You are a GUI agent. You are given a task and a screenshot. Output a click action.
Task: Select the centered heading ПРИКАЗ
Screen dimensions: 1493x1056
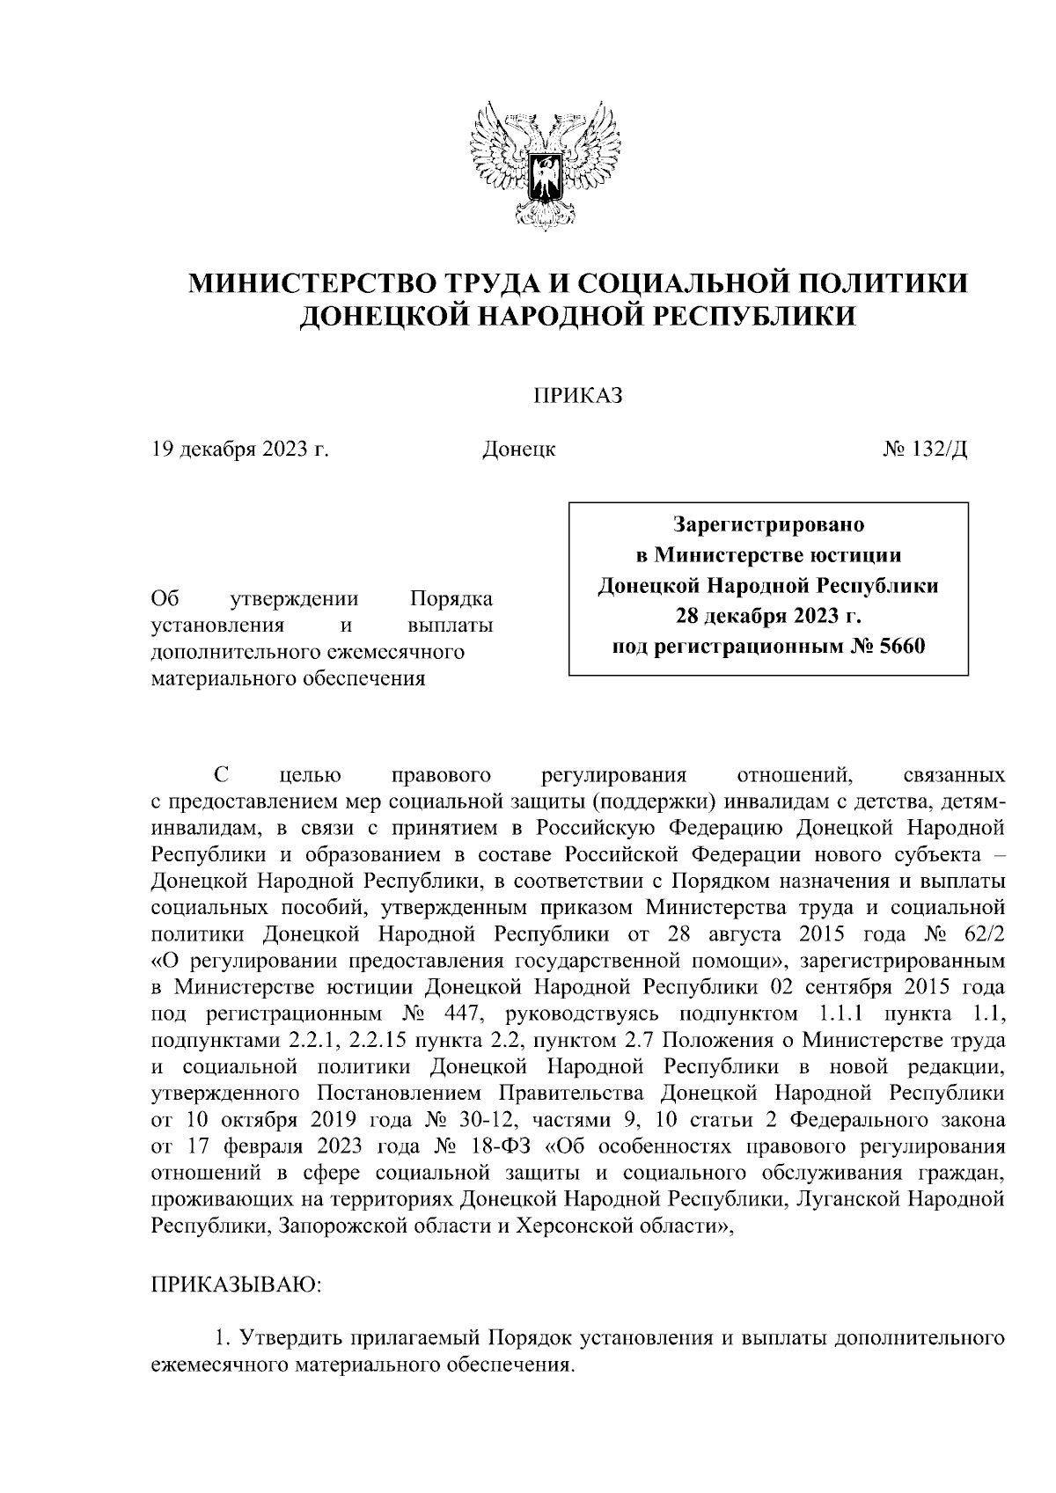[x=577, y=396]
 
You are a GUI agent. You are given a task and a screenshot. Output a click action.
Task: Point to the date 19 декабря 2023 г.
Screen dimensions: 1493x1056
[x=239, y=450]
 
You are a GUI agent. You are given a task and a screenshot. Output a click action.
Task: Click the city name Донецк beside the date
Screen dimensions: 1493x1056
[x=518, y=450]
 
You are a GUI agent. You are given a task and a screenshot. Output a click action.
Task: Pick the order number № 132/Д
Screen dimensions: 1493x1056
[x=925, y=450]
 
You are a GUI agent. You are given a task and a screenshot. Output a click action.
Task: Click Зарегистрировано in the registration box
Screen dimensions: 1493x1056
[x=768, y=525]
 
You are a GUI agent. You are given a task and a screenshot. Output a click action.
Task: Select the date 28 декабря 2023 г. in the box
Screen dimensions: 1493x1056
[x=768, y=616]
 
